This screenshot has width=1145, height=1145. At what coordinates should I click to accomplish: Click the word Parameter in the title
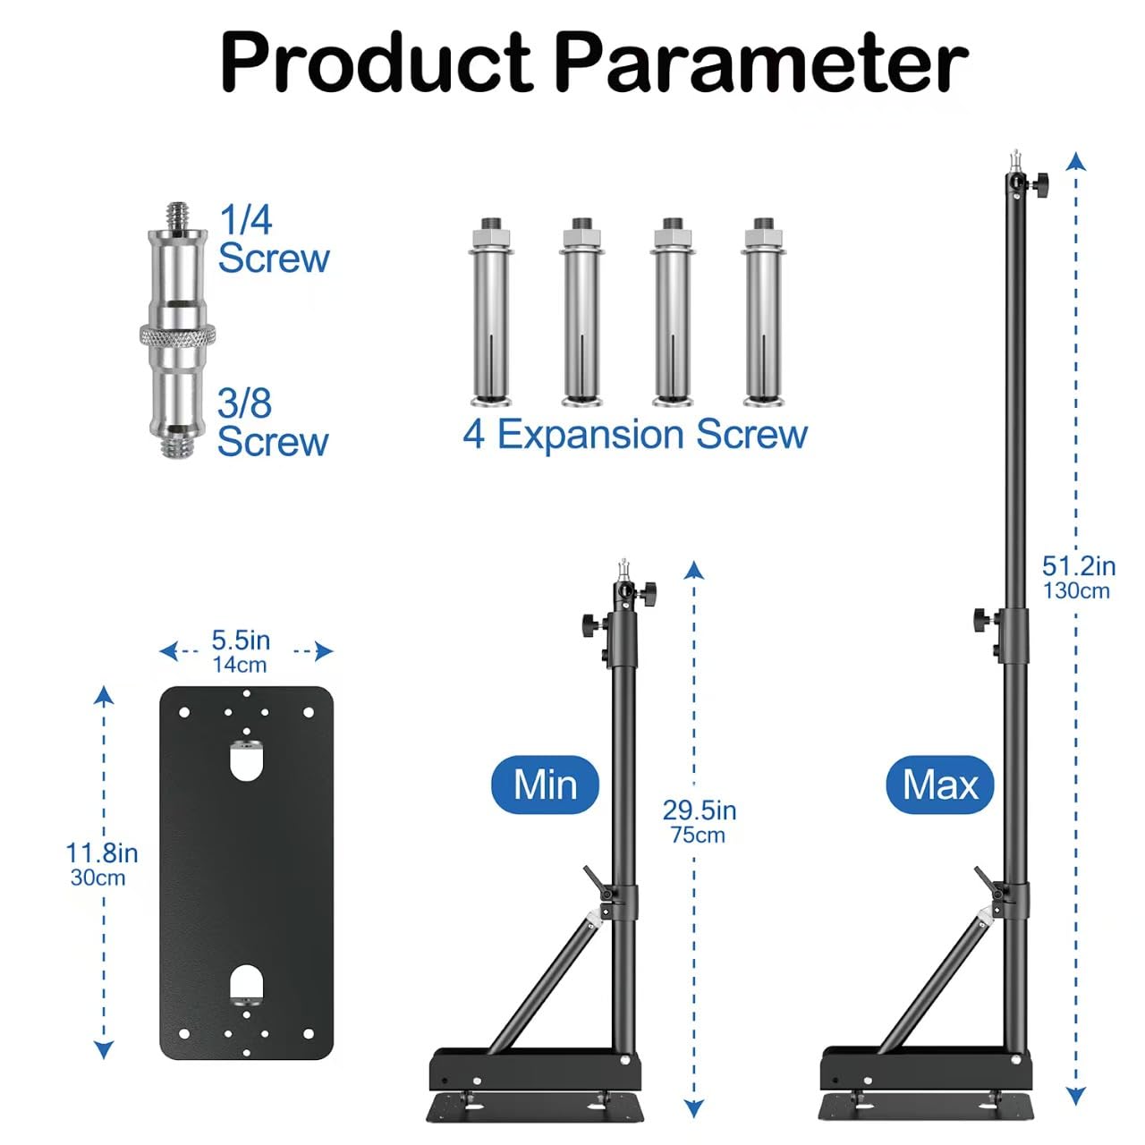click(764, 63)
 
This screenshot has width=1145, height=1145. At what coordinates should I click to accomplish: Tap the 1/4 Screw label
click(274, 239)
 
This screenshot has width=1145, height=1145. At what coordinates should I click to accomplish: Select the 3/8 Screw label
click(272, 422)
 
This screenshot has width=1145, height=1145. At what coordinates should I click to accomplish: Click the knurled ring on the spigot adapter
click(177, 336)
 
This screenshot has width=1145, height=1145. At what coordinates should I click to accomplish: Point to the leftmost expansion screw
click(491, 312)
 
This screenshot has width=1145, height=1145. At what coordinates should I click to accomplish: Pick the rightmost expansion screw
click(763, 312)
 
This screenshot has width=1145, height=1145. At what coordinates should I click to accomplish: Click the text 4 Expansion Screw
click(635, 435)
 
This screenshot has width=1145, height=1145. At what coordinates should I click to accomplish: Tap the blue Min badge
click(545, 785)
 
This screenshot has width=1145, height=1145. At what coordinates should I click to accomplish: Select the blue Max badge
click(940, 785)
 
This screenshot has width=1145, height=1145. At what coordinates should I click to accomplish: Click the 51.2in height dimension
click(1079, 566)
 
